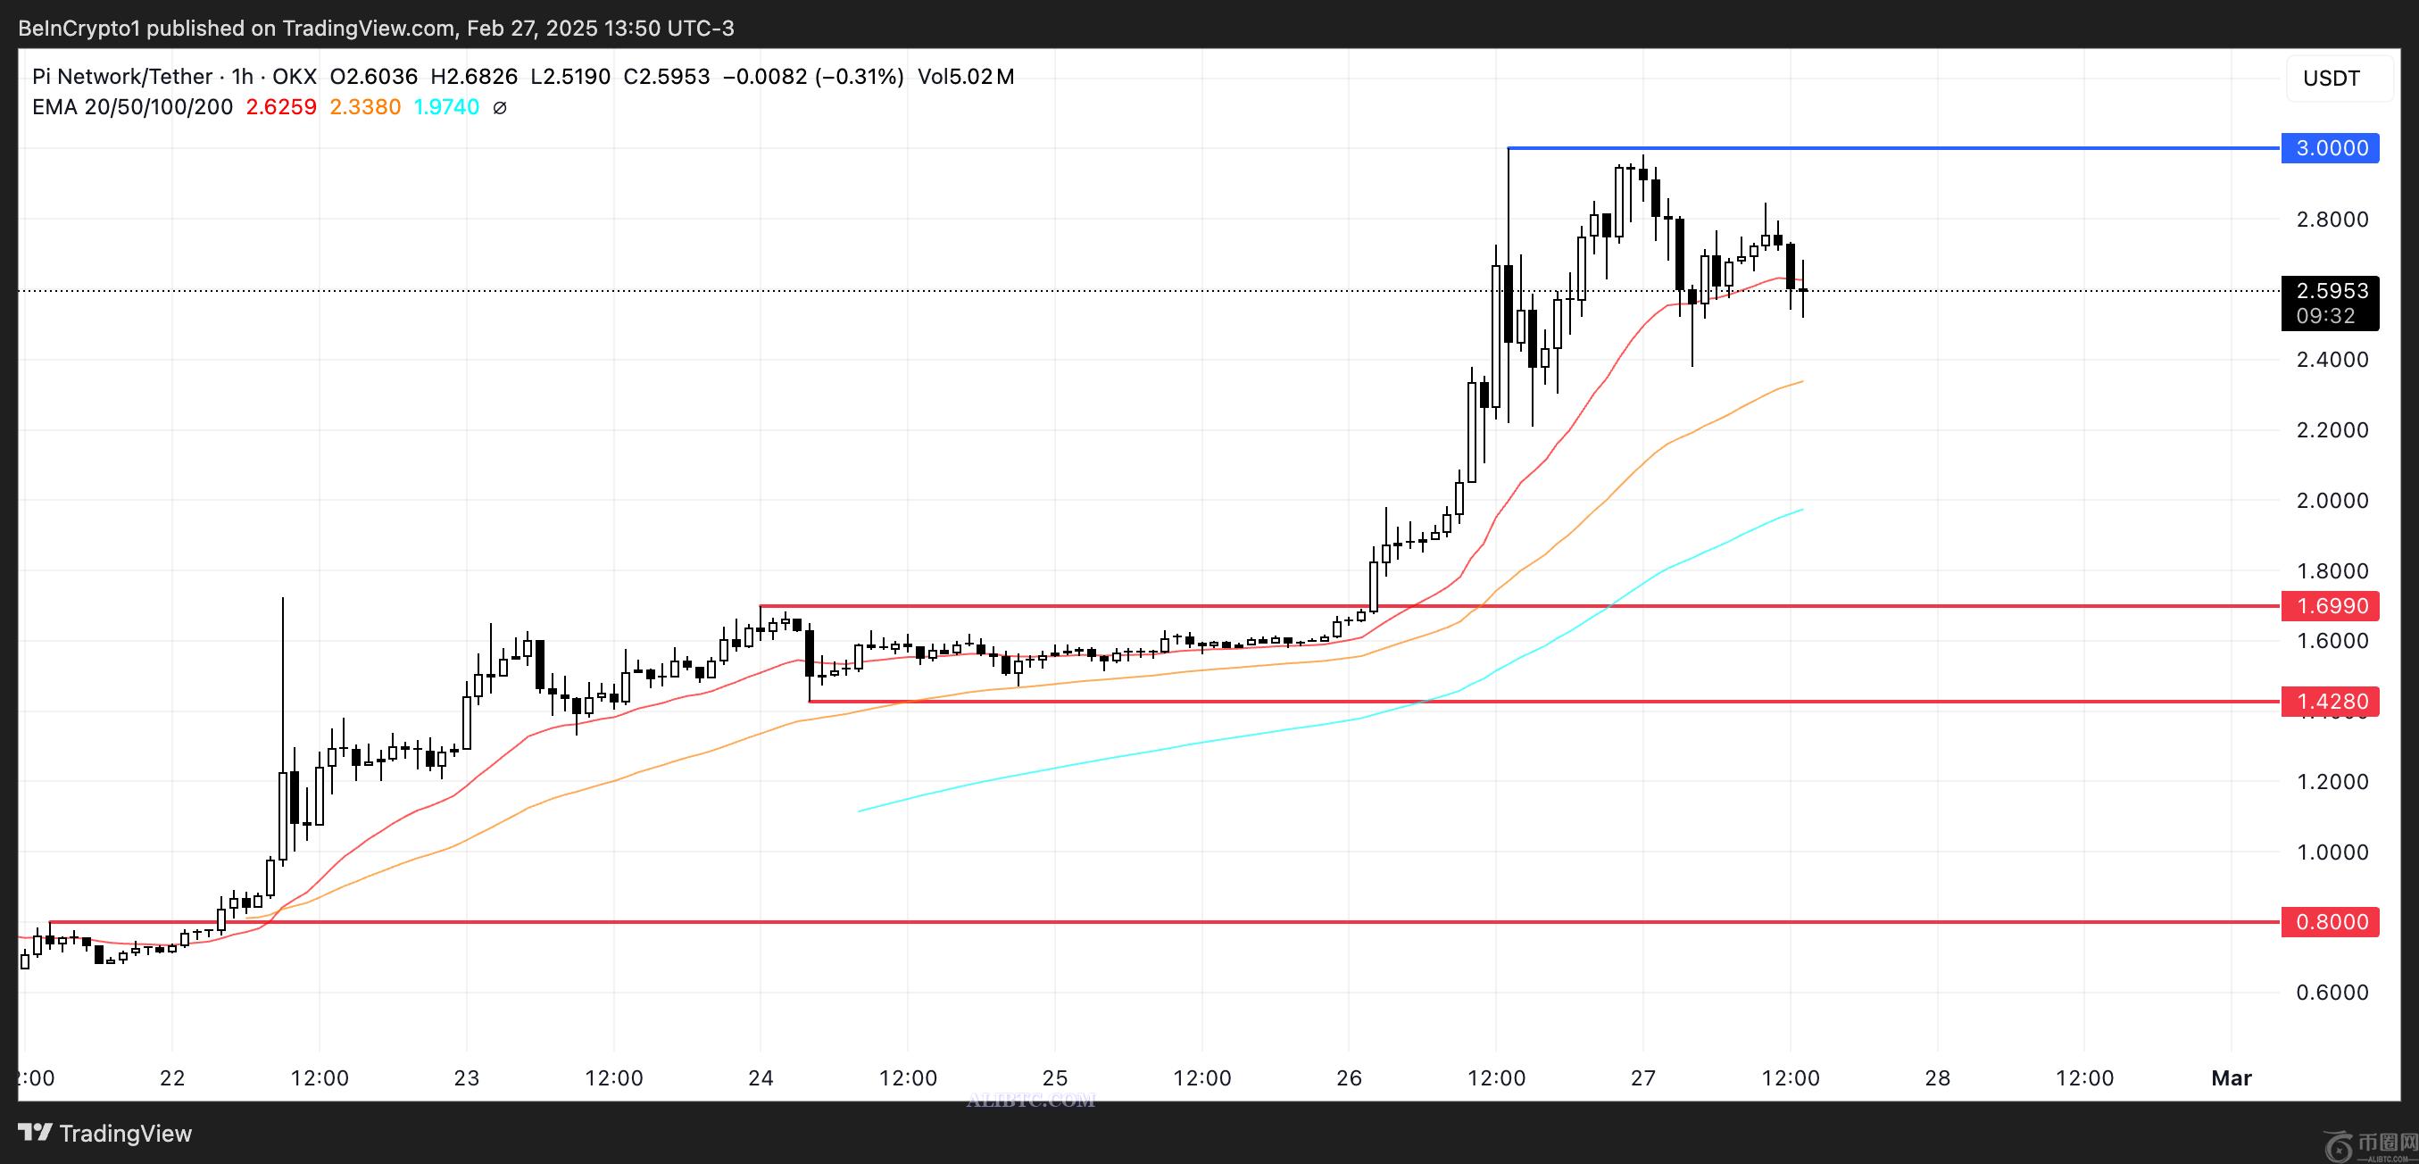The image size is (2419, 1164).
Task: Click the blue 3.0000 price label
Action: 2331,148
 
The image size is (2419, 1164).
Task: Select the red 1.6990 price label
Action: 2331,605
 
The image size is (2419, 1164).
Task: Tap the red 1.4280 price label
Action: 2331,702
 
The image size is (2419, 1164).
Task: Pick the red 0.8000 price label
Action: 2331,922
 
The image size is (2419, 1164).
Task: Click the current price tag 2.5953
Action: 2331,291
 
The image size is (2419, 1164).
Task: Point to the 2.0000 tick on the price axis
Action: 2332,501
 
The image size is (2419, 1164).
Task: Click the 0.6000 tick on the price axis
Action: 2332,993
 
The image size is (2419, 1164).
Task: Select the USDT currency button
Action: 2331,78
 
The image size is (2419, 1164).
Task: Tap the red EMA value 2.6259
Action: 281,107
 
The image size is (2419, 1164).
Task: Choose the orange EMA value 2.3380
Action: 364,107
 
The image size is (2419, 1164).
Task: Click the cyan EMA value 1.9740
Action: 446,107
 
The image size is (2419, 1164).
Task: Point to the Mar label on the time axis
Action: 2232,1077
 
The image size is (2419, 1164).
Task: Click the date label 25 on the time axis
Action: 1054,1077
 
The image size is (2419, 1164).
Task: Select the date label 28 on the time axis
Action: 1937,1077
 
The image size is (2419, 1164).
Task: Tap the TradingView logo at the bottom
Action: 105,1133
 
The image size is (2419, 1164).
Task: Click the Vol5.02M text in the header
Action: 965,77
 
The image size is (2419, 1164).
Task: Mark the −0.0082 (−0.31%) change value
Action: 812,77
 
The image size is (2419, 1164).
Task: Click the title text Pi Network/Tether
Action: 122,77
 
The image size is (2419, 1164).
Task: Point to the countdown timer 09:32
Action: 2325,316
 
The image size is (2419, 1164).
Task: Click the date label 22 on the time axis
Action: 172,1077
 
